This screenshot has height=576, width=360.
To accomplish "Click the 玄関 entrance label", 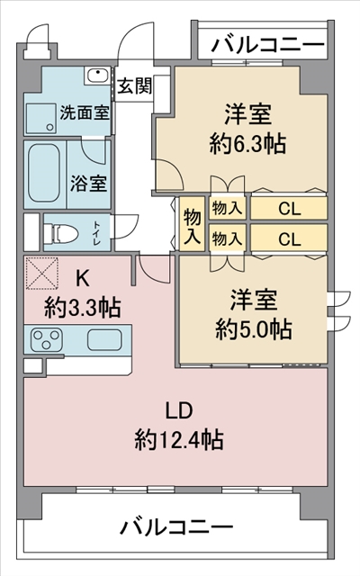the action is click(134, 86).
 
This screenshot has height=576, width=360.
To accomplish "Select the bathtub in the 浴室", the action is click(44, 173).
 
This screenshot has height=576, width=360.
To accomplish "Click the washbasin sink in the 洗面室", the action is click(97, 76).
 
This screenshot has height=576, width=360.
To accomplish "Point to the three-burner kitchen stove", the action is click(47, 339).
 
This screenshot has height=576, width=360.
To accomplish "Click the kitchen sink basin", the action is click(104, 339).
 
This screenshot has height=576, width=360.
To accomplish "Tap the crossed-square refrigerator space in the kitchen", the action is click(42, 273).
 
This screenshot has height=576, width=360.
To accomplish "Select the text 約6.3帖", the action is click(247, 143).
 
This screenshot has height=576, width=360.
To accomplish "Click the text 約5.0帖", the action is click(254, 328).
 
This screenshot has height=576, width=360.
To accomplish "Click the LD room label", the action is click(179, 410).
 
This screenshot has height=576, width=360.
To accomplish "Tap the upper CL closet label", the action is click(290, 209).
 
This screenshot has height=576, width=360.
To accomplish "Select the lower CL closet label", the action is click(290, 239).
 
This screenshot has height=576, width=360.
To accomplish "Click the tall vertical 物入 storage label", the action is click(192, 225).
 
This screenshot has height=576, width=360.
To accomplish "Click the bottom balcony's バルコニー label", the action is click(177, 526).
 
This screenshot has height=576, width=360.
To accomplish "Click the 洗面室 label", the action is click(85, 112).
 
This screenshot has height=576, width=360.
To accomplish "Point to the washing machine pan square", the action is click(40, 118).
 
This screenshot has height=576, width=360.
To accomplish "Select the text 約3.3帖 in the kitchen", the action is click(82, 308).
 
